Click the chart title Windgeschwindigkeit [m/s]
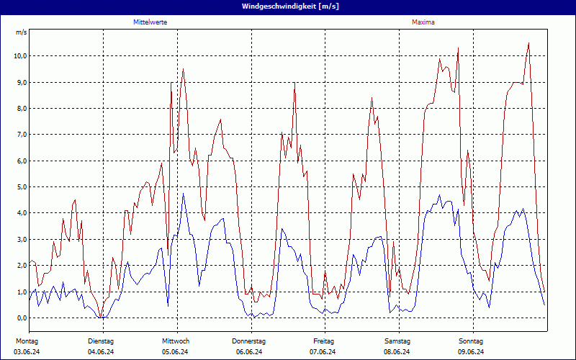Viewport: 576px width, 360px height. pos(287,6)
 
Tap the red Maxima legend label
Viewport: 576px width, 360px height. pos(423,22)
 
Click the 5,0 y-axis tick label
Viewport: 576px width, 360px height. pos(21,186)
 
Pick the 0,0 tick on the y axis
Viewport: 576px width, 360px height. pos(21,318)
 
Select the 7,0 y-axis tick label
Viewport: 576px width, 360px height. pos(21,134)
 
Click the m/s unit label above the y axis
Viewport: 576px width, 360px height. pos(21,32)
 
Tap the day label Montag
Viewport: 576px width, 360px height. pos(27,341)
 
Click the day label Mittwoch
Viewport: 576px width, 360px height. pos(175,341)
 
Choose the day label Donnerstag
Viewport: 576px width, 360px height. pos(249,341)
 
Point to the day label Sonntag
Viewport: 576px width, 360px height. pos(471,341)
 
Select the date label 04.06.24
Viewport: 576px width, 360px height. pos(101,351)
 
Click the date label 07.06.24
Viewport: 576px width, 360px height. pos(323,351)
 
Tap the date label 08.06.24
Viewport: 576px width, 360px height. pos(397,351)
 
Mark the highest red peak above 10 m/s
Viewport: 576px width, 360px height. pos(528,43)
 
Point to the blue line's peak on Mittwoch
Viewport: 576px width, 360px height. pos(184,193)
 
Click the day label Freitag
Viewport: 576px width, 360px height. pos(323,341)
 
